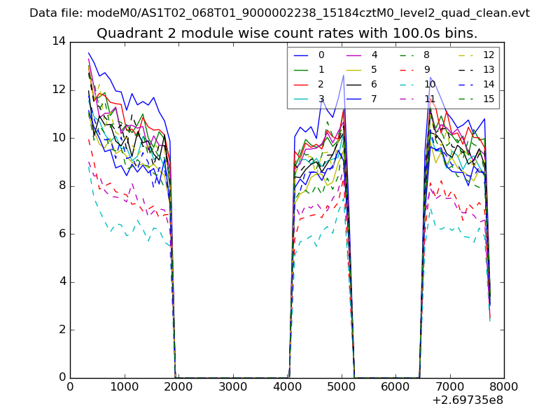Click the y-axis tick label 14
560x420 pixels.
(58, 42)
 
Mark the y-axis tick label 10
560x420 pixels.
(58, 138)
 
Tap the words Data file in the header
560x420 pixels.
(53, 13)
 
